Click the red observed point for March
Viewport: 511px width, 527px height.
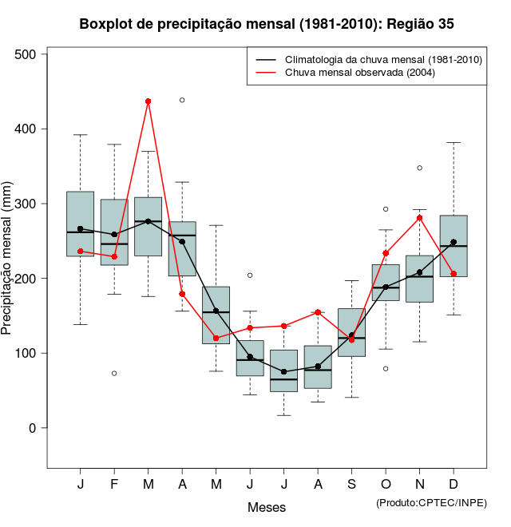pyautogui.click(x=149, y=101)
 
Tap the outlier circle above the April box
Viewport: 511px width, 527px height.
pyautogui.click(x=182, y=100)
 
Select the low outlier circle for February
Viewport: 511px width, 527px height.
pyautogui.click(x=114, y=373)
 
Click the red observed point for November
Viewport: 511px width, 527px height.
pyautogui.click(x=419, y=218)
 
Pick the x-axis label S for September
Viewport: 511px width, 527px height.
pyautogui.click(x=351, y=485)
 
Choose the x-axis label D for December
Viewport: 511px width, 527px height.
pyautogui.click(x=454, y=485)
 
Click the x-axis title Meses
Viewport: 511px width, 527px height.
pyautogui.click(x=267, y=507)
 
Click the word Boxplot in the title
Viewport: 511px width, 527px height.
pyautogui.click(x=106, y=24)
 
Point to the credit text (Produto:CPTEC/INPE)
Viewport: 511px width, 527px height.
pyautogui.click(x=431, y=502)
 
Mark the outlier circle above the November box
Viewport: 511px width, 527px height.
pyautogui.click(x=419, y=168)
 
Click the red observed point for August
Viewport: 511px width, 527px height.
pyautogui.click(x=318, y=312)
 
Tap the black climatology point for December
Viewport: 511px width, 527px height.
pyautogui.click(x=454, y=242)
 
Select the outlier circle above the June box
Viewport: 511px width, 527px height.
pyautogui.click(x=250, y=275)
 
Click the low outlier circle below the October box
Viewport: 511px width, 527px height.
pyautogui.click(x=386, y=369)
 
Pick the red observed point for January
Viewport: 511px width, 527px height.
pyautogui.click(x=81, y=251)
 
